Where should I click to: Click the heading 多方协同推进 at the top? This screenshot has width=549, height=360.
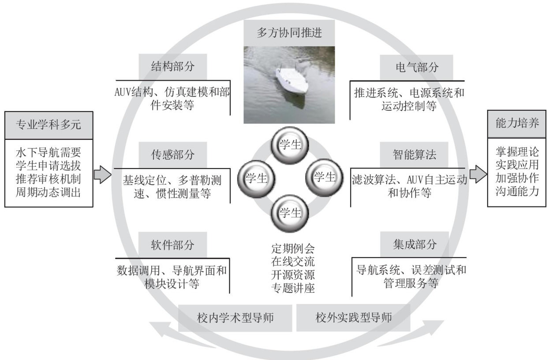pyautogui.click(x=289, y=32)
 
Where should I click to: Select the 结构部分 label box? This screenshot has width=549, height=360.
pyautogui.click(x=166, y=66)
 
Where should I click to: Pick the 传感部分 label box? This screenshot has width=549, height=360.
pyautogui.click(x=166, y=154)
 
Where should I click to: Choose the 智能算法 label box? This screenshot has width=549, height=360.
pyautogui.click(x=414, y=154)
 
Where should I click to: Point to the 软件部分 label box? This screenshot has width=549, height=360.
pyautogui.click(x=166, y=244)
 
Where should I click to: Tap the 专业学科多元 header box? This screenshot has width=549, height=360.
pyautogui.click(x=49, y=124)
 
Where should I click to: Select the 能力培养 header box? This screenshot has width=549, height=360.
pyautogui.click(x=517, y=123)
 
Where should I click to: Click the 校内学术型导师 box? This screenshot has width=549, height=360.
pyautogui.click(x=235, y=318)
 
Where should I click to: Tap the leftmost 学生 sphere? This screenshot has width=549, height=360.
pyautogui.click(x=256, y=179)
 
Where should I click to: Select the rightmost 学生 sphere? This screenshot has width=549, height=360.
pyautogui.click(x=324, y=177)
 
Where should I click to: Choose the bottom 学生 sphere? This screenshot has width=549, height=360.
pyautogui.click(x=290, y=213)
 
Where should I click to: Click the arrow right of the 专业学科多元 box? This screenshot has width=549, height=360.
pyautogui.click(x=102, y=174)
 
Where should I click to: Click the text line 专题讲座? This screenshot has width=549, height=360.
pyautogui.click(x=293, y=288)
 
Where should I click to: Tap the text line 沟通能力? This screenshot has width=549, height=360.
pyautogui.click(x=517, y=191)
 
